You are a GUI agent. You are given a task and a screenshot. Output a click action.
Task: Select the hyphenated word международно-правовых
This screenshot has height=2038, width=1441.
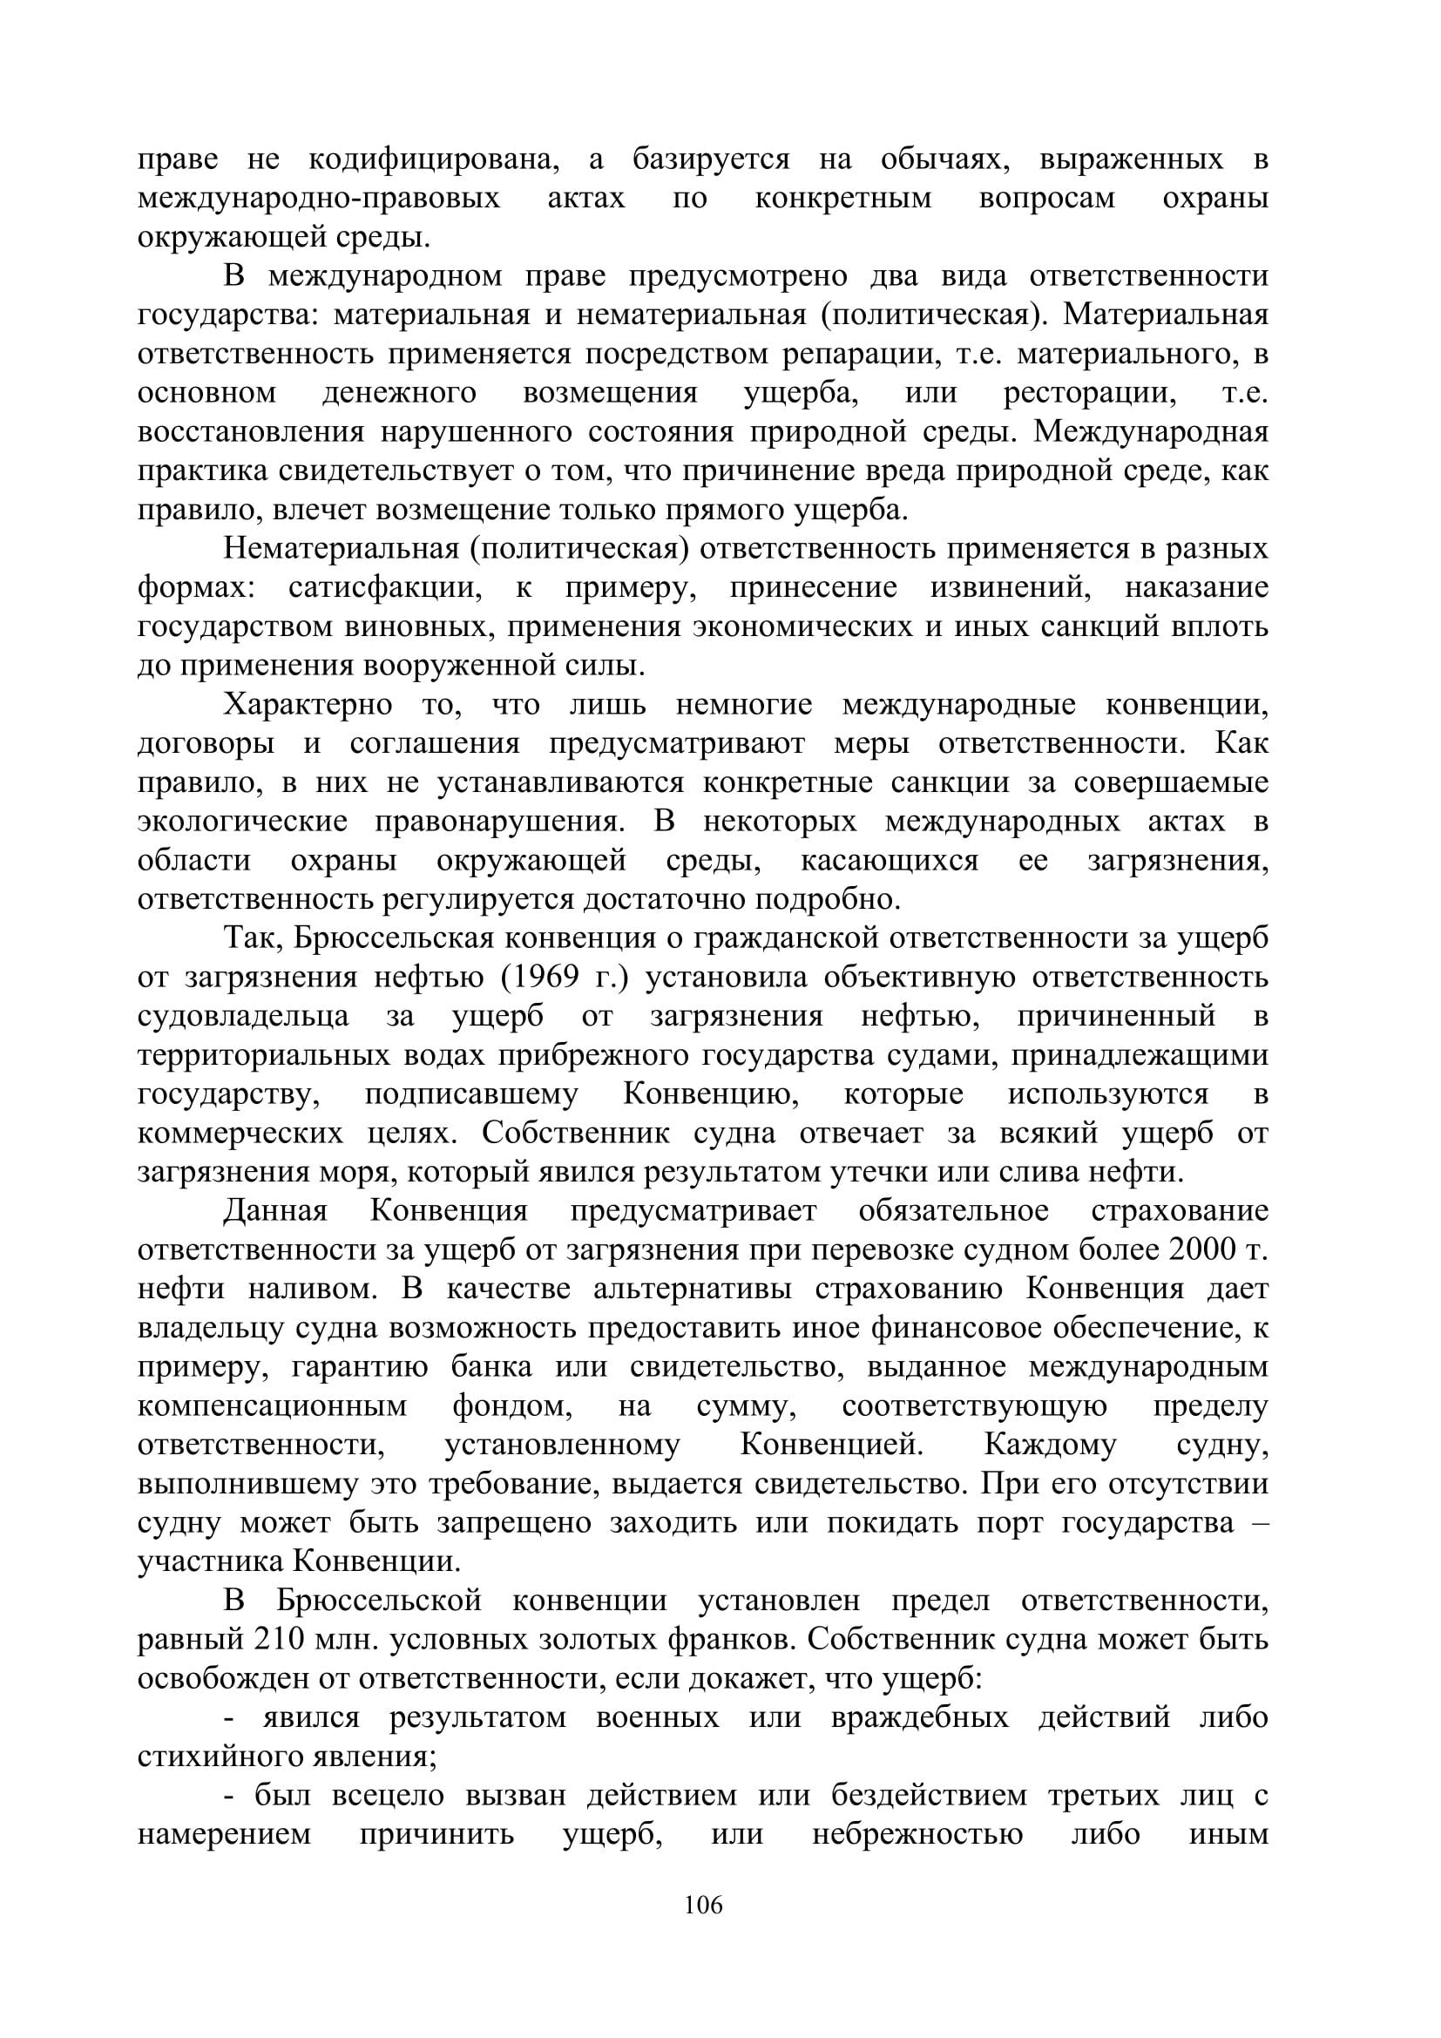click(319, 198)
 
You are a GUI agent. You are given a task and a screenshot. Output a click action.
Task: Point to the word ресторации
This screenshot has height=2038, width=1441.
click(1090, 393)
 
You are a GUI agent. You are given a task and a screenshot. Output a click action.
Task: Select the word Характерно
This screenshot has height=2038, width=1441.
click(308, 706)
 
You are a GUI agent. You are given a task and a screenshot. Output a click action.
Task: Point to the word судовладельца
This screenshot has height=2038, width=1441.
click(243, 1017)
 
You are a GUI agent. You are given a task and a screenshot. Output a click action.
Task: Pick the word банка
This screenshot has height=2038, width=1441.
click(490, 1367)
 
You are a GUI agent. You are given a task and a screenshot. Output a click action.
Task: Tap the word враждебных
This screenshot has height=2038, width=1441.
click(920, 1717)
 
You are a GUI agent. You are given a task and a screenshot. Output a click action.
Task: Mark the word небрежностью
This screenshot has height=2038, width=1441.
click(917, 1835)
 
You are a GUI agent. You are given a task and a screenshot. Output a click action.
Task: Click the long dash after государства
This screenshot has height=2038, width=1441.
click(1258, 1523)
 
